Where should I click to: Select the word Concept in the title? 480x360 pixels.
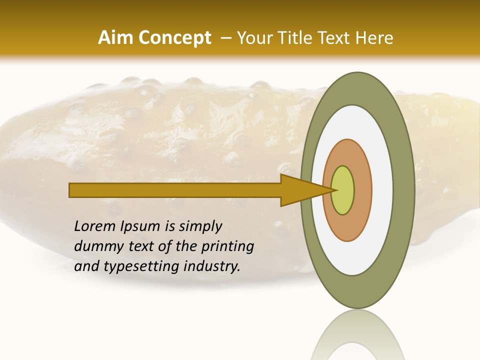pyautogui.click(x=174, y=38)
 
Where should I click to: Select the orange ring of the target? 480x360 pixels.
pyautogui.click(x=363, y=190)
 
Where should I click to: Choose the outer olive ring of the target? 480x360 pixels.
pyautogui.click(x=403, y=190)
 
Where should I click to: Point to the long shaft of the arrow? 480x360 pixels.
pyautogui.click(x=175, y=190)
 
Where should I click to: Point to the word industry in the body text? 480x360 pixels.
pyautogui.click(x=212, y=266)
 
